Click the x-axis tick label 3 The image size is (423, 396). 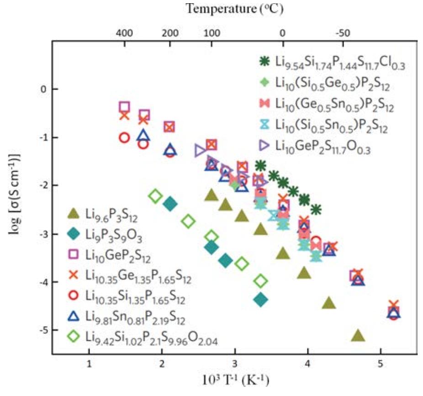(235, 364)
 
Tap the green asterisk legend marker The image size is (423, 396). (264, 61)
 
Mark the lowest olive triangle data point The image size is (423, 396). (358, 336)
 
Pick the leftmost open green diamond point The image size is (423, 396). (155, 196)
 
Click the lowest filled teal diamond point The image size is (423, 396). (261, 300)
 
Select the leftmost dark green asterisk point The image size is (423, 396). (261, 165)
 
